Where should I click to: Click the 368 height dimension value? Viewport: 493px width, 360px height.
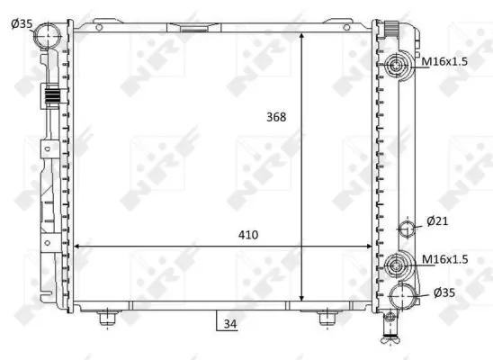276,117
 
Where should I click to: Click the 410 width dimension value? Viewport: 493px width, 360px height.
248,235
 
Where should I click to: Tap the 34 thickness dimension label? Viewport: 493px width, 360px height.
230,324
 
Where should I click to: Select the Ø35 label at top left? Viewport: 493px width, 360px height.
22,23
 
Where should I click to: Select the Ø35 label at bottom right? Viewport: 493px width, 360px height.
444,292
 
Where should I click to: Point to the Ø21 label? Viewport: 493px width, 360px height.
437,221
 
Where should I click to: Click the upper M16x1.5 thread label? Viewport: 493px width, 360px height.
444,61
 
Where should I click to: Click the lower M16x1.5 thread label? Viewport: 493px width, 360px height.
445,259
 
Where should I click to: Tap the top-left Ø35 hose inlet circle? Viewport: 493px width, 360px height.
48,35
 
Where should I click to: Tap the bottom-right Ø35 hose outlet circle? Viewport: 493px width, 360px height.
403,296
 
